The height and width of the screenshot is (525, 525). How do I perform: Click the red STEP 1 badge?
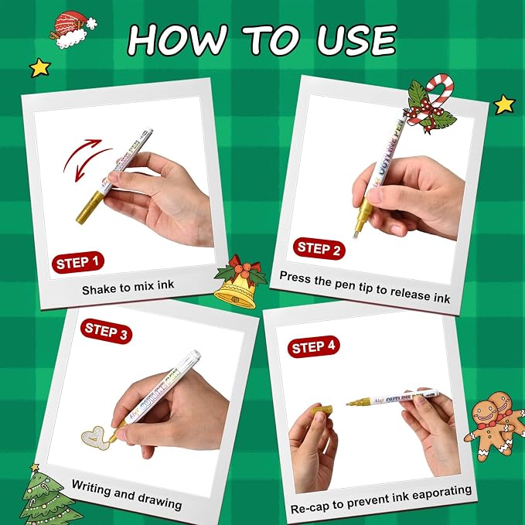coord(78,262)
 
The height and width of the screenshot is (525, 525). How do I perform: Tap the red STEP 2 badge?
coord(319,248)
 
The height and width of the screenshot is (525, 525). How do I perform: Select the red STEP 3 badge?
coord(106,331)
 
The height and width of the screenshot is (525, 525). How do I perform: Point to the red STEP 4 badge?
coord(313,346)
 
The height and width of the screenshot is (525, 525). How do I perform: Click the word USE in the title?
coord(357,40)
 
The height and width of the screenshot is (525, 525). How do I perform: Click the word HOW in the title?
coord(178,39)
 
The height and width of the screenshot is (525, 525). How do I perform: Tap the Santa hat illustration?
coord(73,29)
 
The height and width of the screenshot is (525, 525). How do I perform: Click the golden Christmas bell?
coord(240,281)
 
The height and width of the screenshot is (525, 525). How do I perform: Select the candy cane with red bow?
coord(430,104)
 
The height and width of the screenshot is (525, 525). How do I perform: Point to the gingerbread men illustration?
coord(495,425)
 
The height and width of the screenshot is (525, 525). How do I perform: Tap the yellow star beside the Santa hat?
coord(40,67)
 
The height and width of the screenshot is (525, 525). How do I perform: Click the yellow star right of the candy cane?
coord(504,104)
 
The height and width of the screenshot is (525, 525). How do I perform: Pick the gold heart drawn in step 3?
coord(97,438)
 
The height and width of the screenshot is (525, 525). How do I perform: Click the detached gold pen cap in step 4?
coord(322,410)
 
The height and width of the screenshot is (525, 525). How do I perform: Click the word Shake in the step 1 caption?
coord(99,289)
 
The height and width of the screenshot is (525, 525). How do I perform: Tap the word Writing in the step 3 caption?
coord(91,489)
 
